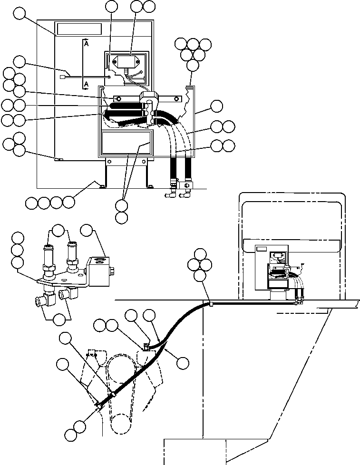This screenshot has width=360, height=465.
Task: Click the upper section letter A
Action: point(86,44)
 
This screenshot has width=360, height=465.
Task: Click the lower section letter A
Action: point(86,84)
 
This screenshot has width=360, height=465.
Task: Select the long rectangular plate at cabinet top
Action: point(79,29)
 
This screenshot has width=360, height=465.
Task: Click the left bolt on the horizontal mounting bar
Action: point(118,98)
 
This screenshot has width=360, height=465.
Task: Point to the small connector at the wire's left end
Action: point(62,77)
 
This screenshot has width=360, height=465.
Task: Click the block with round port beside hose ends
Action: point(186,185)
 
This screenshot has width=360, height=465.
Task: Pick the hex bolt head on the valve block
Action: point(113,271)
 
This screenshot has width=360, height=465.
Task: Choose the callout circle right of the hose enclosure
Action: point(216,106)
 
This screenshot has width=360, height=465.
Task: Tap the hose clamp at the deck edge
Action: point(211,304)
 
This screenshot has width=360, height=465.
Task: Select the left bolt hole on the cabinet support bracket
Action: point(110,162)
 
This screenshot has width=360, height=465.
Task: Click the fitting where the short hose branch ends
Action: point(146,347)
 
